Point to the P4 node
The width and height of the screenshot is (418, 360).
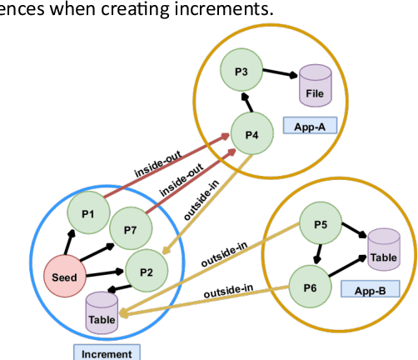(x=252, y=133)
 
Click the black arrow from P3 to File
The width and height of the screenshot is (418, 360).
(x=282, y=74)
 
